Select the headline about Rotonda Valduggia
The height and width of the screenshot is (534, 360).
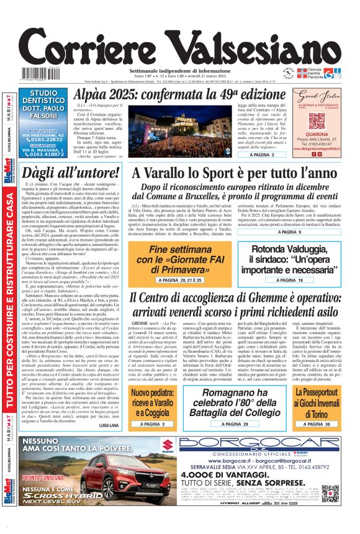292,259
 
